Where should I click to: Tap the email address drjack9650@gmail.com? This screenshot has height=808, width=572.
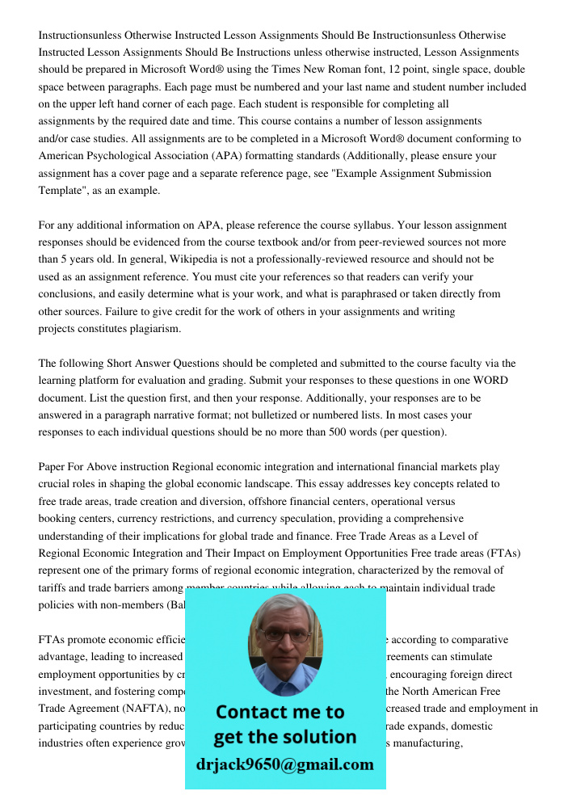pos(285,764)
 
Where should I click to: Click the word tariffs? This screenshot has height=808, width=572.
pos(53,588)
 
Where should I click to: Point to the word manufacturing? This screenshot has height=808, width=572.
pos(429,743)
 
